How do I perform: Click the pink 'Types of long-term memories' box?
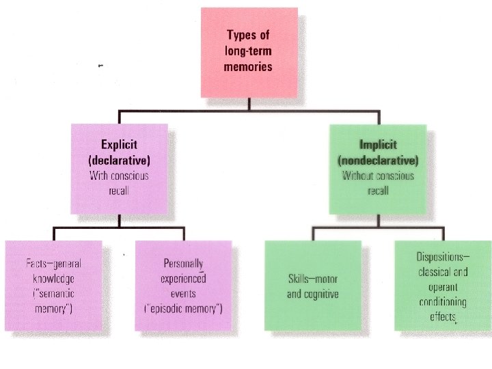point(249,51)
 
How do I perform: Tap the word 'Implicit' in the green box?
point(378,145)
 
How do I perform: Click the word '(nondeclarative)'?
point(378,160)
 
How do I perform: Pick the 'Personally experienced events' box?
point(184,280)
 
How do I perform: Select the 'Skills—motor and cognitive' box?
point(313,280)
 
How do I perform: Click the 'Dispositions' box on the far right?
point(442,280)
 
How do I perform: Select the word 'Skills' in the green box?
point(301,279)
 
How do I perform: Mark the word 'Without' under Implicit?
point(359,176)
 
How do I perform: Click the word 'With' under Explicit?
point(100,176)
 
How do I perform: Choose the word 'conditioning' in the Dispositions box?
point(442,301)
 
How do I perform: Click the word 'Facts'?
point(38,264)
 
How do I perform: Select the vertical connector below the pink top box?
point(249,103)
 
